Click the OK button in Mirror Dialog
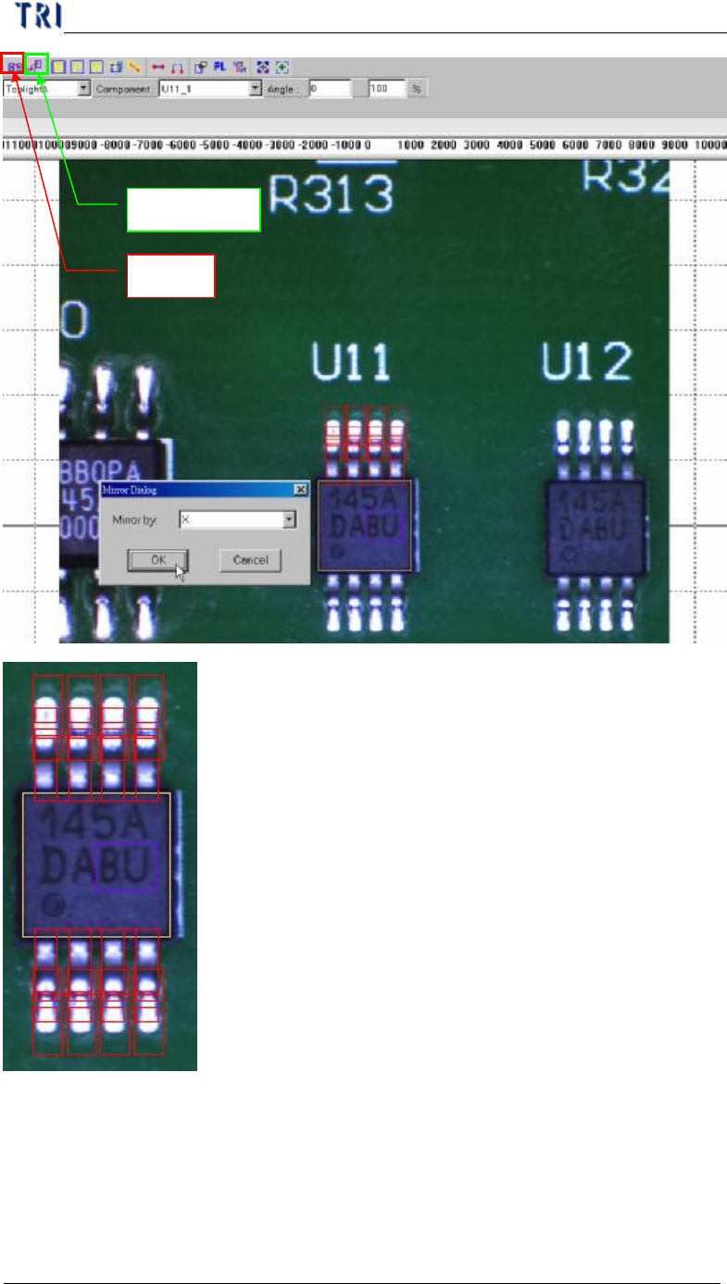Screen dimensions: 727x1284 (x=157, y=559)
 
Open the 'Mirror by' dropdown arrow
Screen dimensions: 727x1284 (x=289, y=520)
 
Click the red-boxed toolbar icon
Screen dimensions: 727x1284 (x=13, y=66)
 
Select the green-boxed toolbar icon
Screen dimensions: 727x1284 (x=37, y=66)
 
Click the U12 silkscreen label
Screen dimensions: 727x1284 (x=586, y=362)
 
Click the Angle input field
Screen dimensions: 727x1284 (x=330, y=89)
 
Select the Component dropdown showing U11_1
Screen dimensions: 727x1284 (x=210, y=89)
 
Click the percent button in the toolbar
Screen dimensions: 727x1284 (x=418, y=89)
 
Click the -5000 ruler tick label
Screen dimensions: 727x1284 (x=215, y=146)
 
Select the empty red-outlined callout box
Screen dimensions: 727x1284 (x=170, y=276)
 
